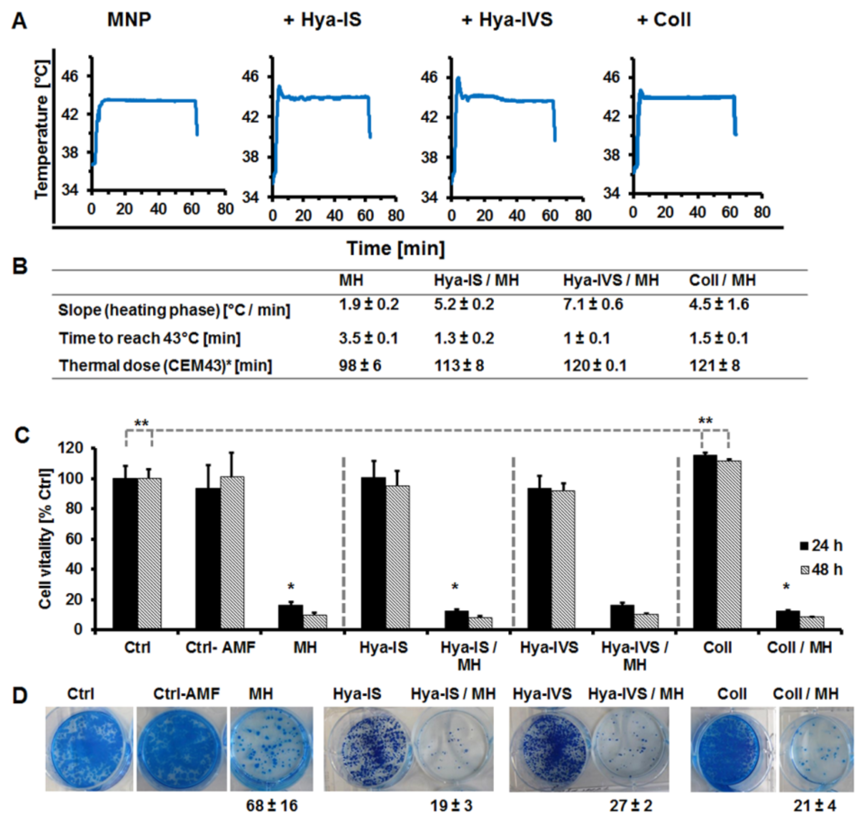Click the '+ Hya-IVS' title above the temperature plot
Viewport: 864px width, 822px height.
tap(507, 20)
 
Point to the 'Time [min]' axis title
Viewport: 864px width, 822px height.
tap(396, 249)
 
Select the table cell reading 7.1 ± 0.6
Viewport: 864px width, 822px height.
tap(593, 304)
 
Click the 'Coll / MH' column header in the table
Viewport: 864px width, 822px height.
tap(722, 280)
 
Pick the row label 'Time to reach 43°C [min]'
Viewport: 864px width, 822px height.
tap(150, 338)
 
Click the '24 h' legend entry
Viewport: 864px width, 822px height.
tap(821, 546)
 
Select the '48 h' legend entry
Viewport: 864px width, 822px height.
tap(821, 570)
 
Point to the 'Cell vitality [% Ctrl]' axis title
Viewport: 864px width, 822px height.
tap(45, 539)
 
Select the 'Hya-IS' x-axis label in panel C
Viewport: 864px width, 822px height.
tap(383, 648)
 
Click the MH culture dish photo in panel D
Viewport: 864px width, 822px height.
tap(272, 748)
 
